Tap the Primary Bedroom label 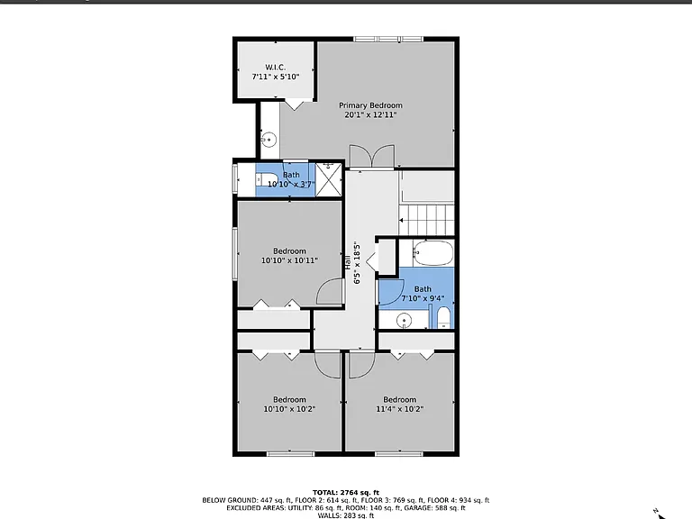370,105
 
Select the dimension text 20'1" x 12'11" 370,115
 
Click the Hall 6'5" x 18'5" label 352,263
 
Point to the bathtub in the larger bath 433,253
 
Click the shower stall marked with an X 329,179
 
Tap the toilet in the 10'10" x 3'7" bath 266,180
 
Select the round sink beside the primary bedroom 269,140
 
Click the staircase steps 426,220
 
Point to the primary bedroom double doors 372,156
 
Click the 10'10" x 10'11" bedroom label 289,256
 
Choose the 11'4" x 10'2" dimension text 399,409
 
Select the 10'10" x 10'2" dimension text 289,409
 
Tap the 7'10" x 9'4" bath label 423,294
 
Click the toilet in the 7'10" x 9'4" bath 443,318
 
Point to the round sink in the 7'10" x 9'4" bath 404,321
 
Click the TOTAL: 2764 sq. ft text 346,493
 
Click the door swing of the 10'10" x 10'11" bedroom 330,291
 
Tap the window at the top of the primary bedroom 388,40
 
